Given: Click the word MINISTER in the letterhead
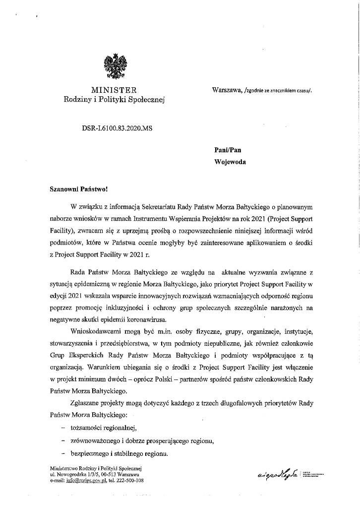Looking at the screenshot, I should point(114,90).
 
